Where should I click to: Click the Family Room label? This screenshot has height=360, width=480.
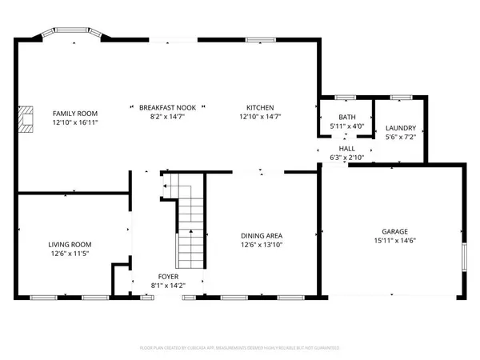(x=75, y=114)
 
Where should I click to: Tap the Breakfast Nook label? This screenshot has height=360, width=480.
(x=167, y=107)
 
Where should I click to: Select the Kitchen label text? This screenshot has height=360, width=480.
(x=261, y=107)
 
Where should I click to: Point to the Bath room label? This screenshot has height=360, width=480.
(x=347, y=117)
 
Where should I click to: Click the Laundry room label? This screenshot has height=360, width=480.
(x=401, y=129)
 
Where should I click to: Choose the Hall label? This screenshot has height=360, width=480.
(x=347, y=149)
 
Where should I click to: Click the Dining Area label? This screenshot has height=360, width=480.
(x=262, y=235)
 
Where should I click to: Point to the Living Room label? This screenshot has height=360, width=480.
(x=70, y=245)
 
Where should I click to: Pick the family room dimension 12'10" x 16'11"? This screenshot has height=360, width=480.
(x=75, y=123)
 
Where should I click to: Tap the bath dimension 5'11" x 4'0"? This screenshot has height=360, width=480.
(x=347, y=126)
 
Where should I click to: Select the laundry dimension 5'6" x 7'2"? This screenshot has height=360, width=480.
(x=401, y=138)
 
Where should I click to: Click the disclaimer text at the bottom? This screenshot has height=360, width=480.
(x=240, y=349)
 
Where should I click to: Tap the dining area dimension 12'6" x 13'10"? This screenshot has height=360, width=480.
(x=262, y=245)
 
